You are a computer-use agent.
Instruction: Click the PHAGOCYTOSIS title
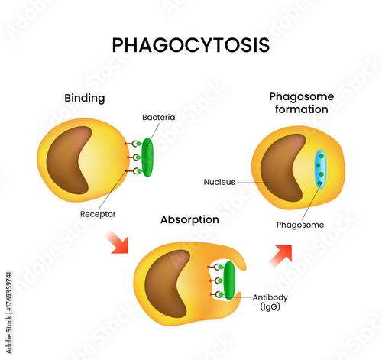[x=191, y=45]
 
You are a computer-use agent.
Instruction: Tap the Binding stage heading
[x=84, y=99]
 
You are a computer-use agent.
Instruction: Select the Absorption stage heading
[x=189, y=219]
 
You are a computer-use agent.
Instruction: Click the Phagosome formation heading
[x=299, y=103]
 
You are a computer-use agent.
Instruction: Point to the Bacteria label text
[x=158, y=117]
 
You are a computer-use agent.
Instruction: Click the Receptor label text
[x=98, y=214]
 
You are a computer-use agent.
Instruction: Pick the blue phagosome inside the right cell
[x=320, y=169]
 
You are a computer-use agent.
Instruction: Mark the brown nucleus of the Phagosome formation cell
[x=283, y=168]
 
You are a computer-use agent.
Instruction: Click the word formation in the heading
[x=299, y=109]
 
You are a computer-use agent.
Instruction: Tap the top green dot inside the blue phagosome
[x=320, y=155]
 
